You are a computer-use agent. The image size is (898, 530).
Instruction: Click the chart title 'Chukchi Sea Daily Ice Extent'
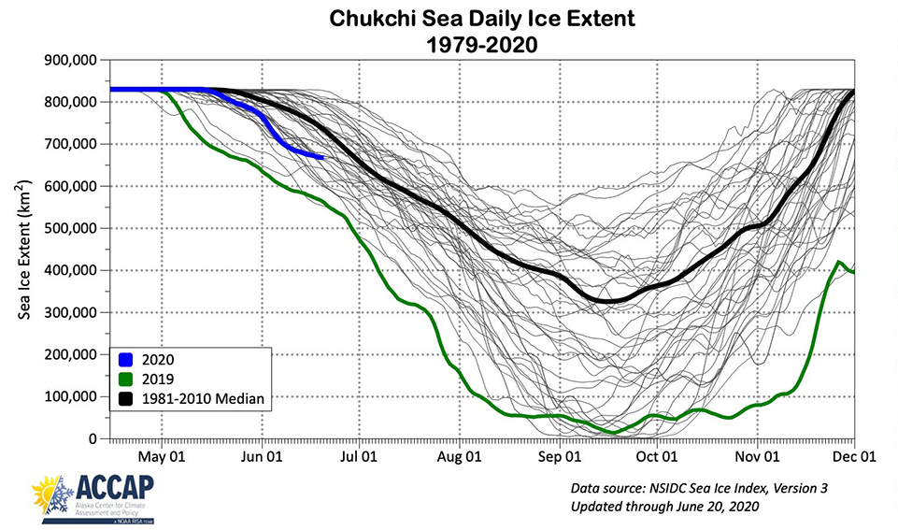[x=449, y=18]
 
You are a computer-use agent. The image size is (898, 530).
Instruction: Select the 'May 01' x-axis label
[x=162, y=458]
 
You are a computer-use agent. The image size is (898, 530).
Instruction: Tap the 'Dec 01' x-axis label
[x=853, y=458]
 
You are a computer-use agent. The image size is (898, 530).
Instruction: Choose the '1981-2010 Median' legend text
[x=204, y=399]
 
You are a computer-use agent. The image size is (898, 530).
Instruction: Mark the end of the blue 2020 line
[x=322, y=157]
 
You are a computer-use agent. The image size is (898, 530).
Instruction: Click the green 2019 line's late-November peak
[x=839, y=263]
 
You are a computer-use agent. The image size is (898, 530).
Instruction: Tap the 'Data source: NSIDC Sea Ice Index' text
[x=699, y=489]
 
